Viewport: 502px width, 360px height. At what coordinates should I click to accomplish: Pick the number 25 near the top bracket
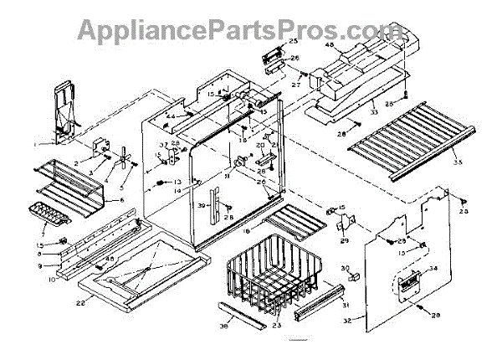pyautogui.click(x=294, y=40)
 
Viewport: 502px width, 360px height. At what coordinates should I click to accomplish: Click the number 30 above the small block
pyautogui.click(x=344, y=267)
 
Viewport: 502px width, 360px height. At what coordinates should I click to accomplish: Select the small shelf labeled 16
pyautogui.click(x=293, y=223)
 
